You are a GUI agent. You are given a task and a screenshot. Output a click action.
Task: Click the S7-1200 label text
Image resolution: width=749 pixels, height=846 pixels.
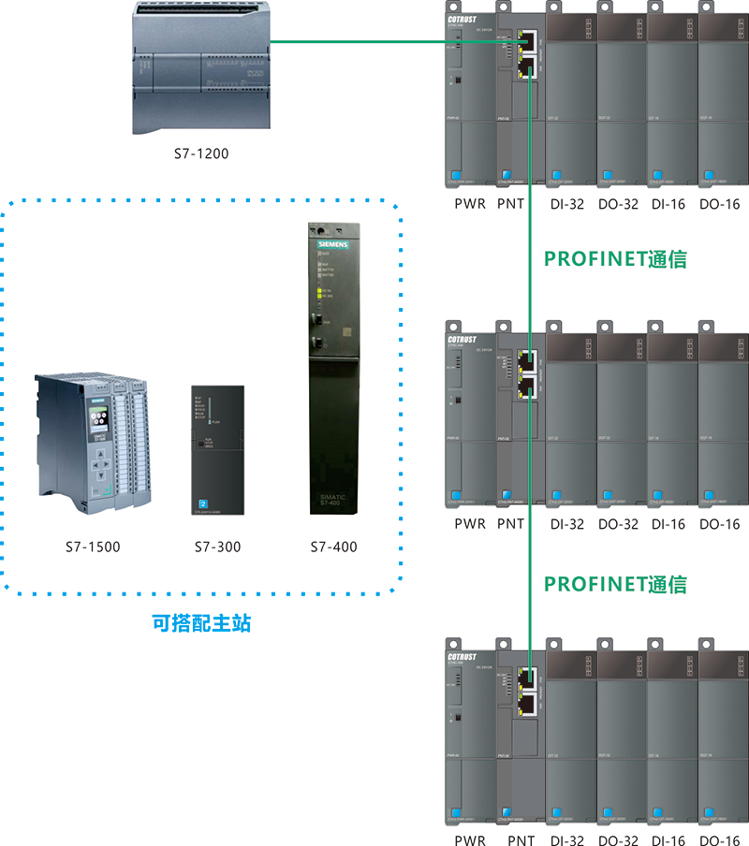click(x=201, y=153)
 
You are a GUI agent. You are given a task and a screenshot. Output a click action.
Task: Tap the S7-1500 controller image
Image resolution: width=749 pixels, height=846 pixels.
click(x=93, y=443)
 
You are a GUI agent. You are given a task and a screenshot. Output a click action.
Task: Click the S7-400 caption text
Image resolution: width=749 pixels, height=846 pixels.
click(x=334, y=547)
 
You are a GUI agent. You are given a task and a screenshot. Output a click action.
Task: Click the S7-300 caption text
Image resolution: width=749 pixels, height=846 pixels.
click(x=217, y=547)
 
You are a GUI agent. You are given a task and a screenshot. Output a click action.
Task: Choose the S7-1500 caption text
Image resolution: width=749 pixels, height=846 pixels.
click(x=93, y=547)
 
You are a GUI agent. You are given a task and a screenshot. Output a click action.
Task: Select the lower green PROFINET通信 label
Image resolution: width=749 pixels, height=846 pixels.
click(x=616, y=585)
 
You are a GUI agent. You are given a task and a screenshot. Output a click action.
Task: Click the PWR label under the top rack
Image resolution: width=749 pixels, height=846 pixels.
click(x=470, y=203)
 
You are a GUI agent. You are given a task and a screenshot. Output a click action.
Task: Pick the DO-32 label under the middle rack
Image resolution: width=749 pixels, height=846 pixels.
click(x=618, y=524)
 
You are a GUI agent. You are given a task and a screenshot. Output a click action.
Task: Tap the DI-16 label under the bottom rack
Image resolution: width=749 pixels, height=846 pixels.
click(x=669, y=840)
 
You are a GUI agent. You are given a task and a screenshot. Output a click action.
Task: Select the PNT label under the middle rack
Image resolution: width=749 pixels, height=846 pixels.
click(x=510, y=524)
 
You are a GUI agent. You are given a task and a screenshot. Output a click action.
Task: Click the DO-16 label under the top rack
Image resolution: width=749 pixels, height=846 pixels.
click(x=719, y=203)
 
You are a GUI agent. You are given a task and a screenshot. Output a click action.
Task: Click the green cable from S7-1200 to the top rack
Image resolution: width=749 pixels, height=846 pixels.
click(x=393, y=41)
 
